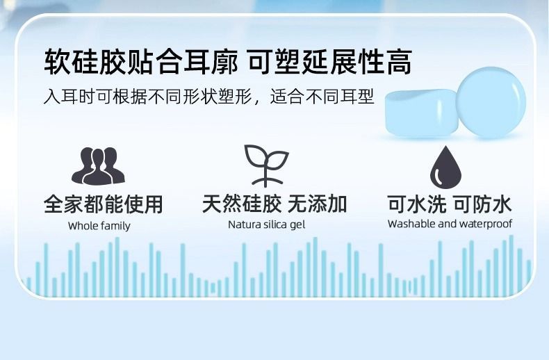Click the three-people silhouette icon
click(98, 166)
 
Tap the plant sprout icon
click(266, 165)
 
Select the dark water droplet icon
click(445, 167)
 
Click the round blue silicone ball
click(491, 102)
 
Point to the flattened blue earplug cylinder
click(422, 113)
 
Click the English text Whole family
click(99, 227)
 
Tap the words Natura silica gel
click(266, 224)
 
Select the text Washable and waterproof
click(450, 224)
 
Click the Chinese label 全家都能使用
click(104, 204)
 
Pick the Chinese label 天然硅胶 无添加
click(274, 204)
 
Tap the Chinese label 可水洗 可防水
click(450, 204)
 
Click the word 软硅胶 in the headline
click(85, 63)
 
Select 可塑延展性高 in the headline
click(330, 63)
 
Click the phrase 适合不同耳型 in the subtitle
click(322, 97)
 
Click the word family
click(114, 227)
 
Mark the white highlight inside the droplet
click(437, 175)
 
